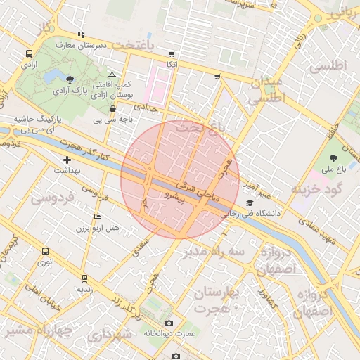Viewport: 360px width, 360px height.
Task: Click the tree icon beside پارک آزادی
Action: (68, 79)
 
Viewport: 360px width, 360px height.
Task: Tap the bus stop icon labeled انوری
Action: (46, 251)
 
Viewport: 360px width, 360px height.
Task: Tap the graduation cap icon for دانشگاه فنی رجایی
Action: (248, 203)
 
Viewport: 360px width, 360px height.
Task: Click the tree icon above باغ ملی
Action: (333, 158)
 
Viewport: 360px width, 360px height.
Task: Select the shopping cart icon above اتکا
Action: (172, 54)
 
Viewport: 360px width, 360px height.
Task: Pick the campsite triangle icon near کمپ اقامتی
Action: (112, 74)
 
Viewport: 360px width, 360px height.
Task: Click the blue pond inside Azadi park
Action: (51, 75)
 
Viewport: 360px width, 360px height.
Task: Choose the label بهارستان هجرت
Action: (214, 300)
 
